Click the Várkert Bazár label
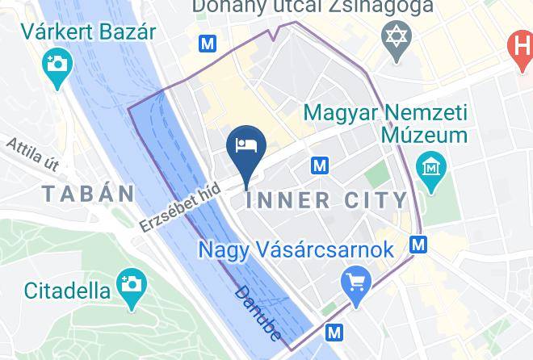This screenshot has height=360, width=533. [89, 32]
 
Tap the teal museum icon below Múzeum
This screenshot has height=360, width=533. [430, 168]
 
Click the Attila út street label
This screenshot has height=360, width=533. [32, 154]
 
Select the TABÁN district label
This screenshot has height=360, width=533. [89, 194]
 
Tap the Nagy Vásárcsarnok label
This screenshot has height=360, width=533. [296, 249]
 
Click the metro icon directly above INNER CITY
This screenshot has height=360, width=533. [320, 166]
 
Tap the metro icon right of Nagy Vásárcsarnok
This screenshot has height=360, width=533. [418, 243]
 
